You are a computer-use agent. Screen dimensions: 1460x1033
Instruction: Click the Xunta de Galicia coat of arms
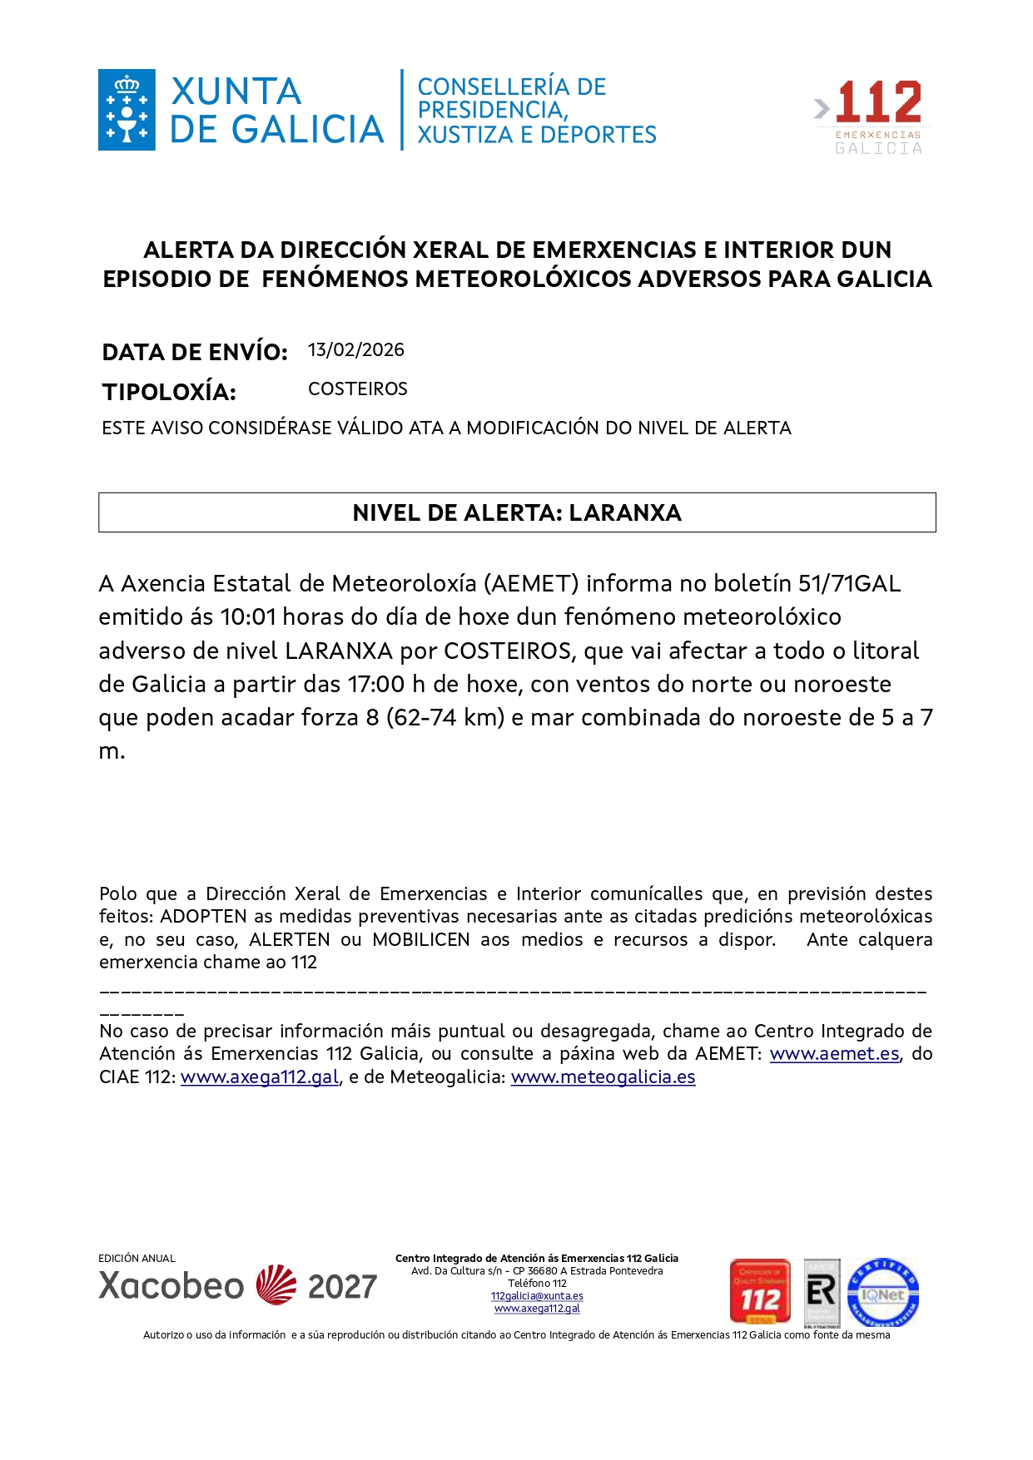(x=127, y=110)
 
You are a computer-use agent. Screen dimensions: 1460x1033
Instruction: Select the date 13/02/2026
(x=355, y=350)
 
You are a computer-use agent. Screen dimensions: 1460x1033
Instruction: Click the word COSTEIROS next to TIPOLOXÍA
(x=357, y=389)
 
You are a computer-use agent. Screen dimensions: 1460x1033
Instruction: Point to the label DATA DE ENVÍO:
(x=195, y=352)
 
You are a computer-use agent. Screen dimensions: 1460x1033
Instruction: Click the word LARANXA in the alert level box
(x=625, y=512)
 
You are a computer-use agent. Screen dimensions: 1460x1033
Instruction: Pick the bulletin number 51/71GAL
(x=849, y=584)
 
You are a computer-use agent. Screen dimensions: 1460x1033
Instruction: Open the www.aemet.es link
(x=834, y=1054)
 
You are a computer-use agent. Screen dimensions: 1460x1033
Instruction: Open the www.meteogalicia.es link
(x=603, y=1077)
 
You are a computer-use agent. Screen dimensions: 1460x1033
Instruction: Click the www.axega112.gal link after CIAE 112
(x=260, y=1077)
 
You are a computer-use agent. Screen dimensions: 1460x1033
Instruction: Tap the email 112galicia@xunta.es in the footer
(x=537, y=1296)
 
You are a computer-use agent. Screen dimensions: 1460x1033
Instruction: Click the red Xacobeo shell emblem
(x=276, y=1285)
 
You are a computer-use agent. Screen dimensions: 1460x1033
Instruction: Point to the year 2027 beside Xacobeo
(x=342, y=1287)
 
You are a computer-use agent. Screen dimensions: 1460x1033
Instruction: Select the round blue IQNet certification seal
(x=882, y=1293)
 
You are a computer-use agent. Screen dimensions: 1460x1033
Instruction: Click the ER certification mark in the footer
(x=822, y=1292)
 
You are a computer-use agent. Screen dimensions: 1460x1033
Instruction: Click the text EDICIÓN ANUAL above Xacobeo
(x=137, y=1259)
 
